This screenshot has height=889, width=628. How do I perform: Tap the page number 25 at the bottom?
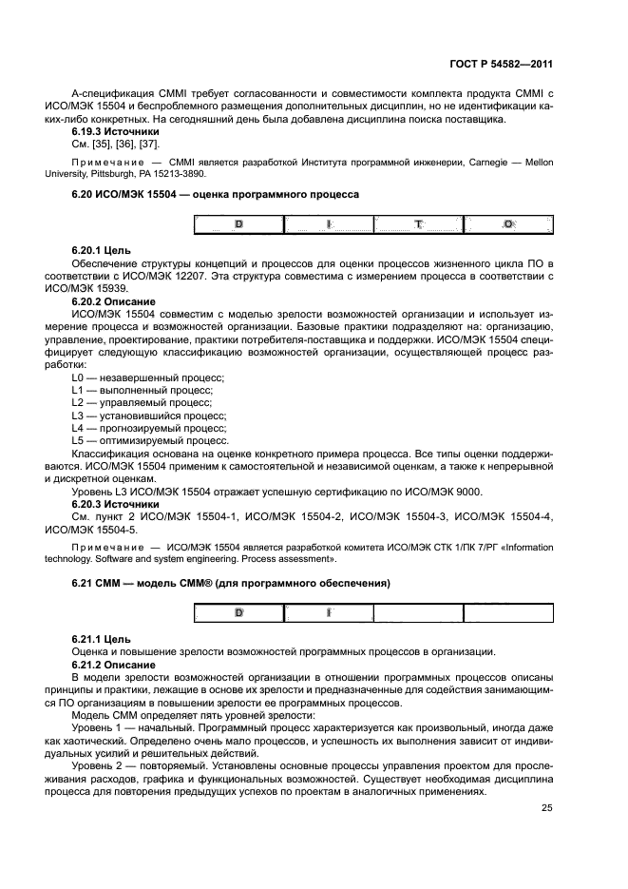[x=546, y=808]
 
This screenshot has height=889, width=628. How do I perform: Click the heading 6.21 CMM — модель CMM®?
[x=231, y=582]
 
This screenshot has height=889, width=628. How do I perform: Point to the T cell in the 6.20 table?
[x=417, y=224]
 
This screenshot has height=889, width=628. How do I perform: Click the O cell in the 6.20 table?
[x=508, y=224]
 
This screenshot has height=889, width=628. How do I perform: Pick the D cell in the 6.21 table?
[x=238, y=612]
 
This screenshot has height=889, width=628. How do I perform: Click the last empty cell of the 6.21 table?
[x=508, y=612]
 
